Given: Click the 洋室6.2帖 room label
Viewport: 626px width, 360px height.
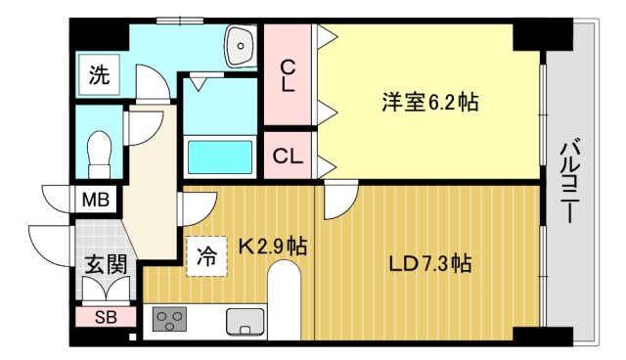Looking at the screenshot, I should (423, 100).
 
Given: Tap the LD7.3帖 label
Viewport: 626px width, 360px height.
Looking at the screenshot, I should (430, 263).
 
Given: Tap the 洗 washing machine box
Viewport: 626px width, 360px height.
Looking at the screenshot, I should (99, 73).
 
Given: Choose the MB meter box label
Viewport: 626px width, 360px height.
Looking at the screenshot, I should (96, 202).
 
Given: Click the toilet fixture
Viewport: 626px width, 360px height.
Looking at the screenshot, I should (98, 153).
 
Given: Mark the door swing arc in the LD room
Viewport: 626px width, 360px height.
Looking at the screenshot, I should (337, 201).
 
